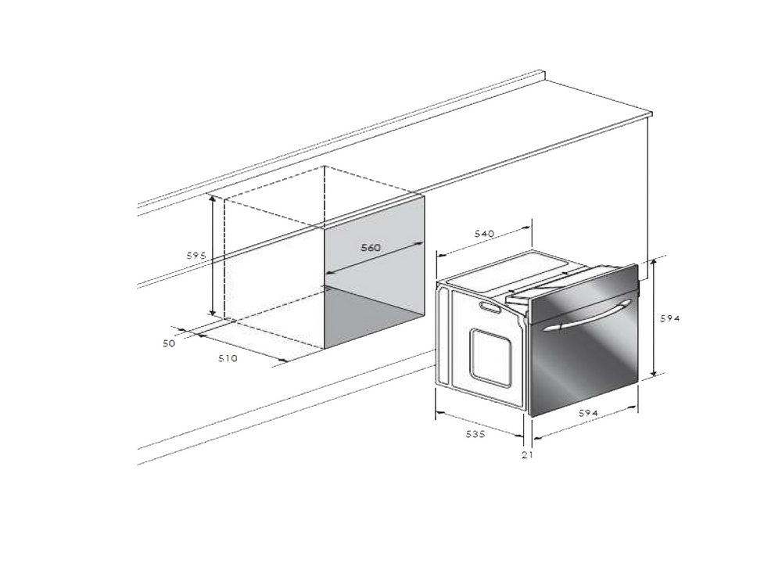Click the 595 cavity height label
click(196, 256)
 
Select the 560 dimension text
click(371, 247)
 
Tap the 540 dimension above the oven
click(484, 233)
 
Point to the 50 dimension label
click(169, 343)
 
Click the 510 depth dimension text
click(228, 358)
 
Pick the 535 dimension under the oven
click(475, 434)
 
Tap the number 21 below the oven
click(527, 454)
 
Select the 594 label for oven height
click(670, 318)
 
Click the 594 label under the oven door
click(588, 413)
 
